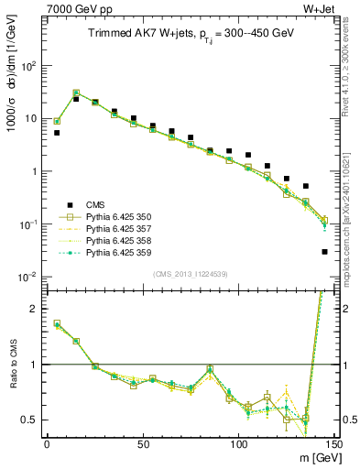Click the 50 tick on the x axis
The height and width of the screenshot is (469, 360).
click(143, 445)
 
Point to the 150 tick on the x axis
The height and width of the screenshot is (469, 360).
click(333, 445)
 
